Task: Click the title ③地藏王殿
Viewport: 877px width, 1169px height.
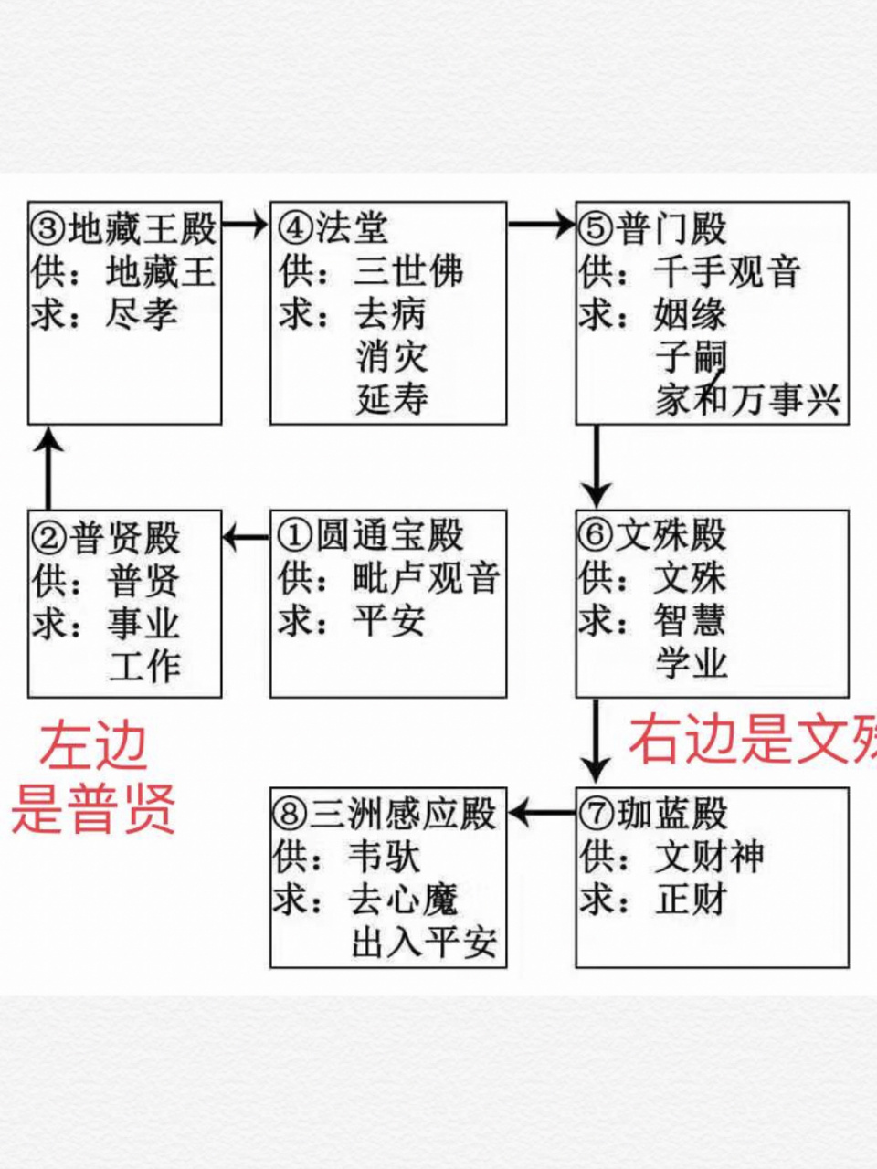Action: [123, 228]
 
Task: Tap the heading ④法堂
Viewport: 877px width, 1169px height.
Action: [333, 228]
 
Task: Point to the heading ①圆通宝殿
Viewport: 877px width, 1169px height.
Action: [371, 536]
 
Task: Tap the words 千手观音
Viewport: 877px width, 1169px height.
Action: [727, 271]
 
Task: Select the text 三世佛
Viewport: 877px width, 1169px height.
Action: [408, 271]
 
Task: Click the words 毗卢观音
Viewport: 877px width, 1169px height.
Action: [427, 579]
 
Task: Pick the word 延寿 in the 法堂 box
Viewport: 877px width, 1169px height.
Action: [392, 400]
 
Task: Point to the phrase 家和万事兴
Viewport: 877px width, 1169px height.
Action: [747, 400]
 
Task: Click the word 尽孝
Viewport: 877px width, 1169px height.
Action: [142, 315]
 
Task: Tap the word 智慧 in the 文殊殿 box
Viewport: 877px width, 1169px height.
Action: [690, 621]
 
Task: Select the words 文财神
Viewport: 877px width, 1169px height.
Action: [709, 857]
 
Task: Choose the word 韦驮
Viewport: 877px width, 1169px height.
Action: [384, 857]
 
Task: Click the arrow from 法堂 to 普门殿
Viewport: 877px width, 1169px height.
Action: [541, 224]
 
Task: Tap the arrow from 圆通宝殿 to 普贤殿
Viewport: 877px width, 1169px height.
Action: [246, 536]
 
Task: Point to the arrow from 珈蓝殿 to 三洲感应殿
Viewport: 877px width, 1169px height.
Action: [541, 812]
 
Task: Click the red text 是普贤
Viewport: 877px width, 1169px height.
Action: [93, 808]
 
